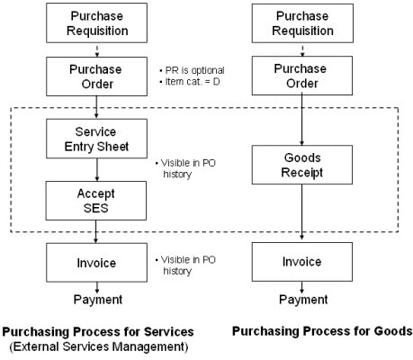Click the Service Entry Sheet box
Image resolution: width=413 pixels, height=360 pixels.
[96, 139]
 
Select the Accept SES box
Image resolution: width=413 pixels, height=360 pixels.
[96, 201]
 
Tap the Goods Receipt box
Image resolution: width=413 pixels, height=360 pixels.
[302, 165]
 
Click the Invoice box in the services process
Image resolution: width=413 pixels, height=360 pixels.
[96, 263]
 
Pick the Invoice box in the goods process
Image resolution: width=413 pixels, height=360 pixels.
[302, 262]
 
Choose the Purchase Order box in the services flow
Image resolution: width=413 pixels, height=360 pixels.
[96, 76]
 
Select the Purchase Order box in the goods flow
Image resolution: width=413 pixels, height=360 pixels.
[302, 76]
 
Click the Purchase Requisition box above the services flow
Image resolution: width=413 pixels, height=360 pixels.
[96, 23]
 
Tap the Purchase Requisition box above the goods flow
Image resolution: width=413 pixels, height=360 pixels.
[302, 23]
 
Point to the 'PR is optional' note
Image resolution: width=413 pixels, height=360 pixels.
[192, 70]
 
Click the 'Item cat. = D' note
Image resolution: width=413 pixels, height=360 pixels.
[190, 82]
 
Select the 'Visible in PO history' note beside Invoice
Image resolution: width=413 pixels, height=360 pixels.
[185, 265]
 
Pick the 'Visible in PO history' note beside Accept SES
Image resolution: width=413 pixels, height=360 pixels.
[185, 168]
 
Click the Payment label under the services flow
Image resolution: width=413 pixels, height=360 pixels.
[98, 300]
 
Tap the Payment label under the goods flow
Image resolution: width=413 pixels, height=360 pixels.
[303, 300]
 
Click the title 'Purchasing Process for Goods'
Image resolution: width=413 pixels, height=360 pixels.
[322, 331]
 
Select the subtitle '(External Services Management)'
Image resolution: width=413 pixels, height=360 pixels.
[99, 346]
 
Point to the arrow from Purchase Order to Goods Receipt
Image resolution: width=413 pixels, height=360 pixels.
[302, 121]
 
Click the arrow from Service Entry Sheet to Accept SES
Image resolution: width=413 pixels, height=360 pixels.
[97, 169]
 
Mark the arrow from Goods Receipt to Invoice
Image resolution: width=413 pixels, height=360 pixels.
[302, 211]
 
